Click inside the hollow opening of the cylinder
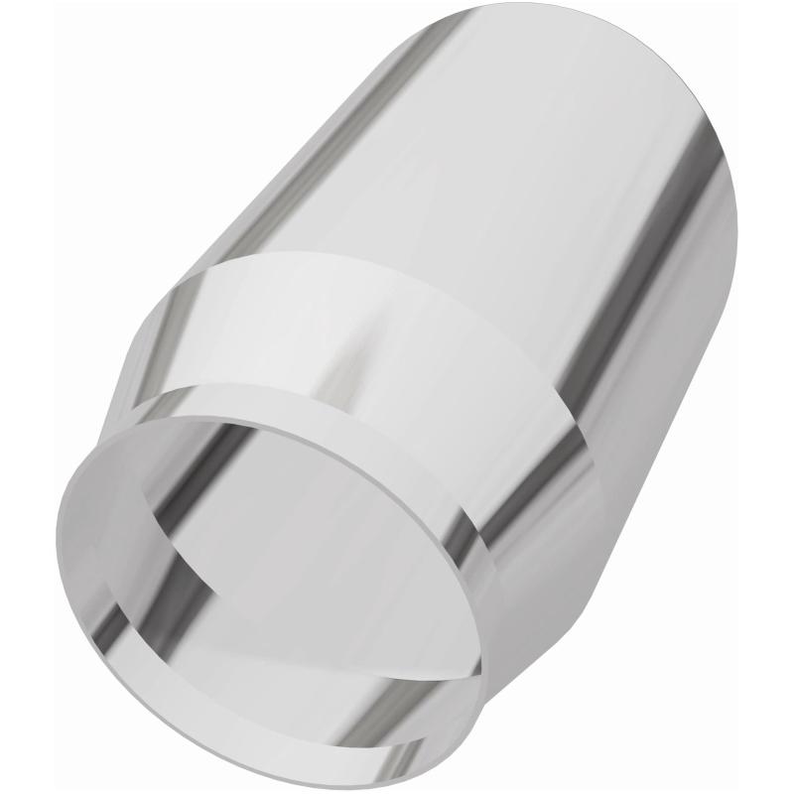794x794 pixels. tap(298, 556)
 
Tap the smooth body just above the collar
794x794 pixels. tap(397, 218)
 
